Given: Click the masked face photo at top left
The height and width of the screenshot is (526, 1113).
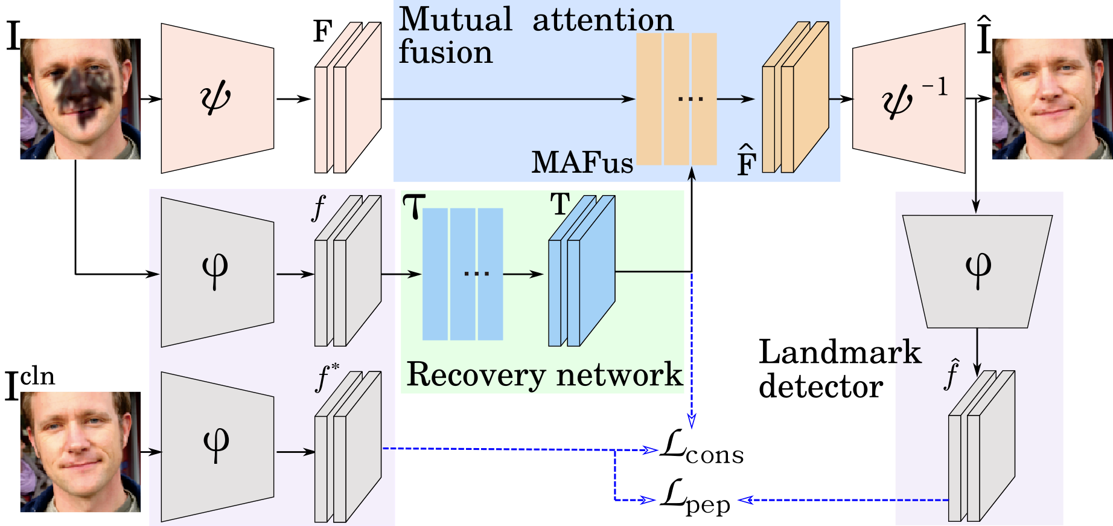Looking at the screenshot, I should point(80,100).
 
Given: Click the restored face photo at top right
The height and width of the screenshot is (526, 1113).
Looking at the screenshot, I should point(1051,100).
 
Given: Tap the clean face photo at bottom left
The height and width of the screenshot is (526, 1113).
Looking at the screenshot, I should point(80,452).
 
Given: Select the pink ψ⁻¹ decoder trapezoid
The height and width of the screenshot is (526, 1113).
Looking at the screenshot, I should point(908,98).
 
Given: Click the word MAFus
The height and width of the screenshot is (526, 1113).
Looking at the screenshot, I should point(582,162).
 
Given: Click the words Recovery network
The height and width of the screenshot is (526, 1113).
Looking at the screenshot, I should point(544,374).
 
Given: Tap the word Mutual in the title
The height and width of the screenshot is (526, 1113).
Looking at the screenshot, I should point(455,19).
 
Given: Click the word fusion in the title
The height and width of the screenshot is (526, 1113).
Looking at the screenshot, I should point(445,52).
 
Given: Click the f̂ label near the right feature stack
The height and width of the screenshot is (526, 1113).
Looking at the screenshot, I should point(952,374).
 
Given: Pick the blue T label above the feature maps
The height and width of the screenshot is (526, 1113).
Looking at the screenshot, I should point(560,205).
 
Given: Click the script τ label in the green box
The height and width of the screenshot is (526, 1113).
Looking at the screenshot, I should point(414,207).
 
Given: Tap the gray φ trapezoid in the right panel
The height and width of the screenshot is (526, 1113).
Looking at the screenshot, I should point(977,271).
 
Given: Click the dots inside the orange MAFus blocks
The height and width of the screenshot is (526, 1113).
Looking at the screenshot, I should point(690,98).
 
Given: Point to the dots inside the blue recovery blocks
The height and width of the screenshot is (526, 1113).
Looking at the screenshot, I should point(476,274).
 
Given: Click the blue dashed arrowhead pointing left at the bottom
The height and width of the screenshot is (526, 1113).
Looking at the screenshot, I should point(746,500).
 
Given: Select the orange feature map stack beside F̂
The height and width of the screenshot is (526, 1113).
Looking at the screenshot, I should point(795,98).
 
